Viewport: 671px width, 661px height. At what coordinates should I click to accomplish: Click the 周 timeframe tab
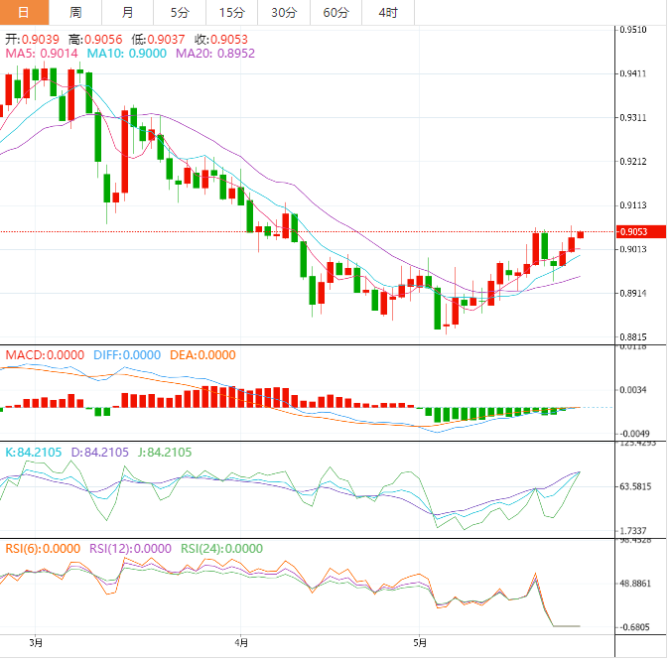[x=76, y=12]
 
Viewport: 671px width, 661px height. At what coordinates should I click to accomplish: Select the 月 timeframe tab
[x=127, y=12]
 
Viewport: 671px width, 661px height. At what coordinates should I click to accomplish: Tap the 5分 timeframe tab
[x=179, y=12]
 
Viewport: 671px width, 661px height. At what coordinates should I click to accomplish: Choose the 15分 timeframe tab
[x=230, y=12]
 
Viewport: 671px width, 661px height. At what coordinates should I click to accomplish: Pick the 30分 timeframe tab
[x=283, y=12]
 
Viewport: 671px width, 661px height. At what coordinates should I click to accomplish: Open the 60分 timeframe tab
[x=335, y=12]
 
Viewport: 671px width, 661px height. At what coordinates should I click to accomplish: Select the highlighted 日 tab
[x=24, y=12]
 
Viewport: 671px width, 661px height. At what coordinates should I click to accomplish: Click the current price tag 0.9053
[x=634, y=232]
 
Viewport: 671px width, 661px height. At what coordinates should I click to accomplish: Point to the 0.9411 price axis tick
[x=633, y=73]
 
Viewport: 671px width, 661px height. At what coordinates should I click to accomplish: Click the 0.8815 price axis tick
[x=633, y=337]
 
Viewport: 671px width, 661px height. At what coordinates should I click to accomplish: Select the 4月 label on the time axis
[x=242, y=642]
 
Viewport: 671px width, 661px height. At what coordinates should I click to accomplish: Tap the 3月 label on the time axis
[x=37, y=642]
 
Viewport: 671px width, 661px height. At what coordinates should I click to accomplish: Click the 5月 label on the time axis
[x=421, y=642]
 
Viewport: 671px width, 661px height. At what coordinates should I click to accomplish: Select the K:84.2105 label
[x=34, y=453]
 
